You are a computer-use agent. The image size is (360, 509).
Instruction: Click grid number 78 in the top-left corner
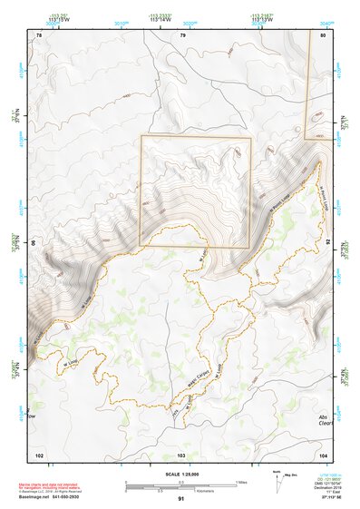pyautogui.click(x=39, y=35)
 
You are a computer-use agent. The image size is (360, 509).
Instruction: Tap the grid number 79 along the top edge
pyautogui.click(x=182, y=35)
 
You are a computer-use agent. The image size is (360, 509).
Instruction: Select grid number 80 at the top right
pyautogui.click(x=324, y=35)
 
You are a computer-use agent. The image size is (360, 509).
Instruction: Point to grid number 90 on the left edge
pyautogui.click(x=34, y=243)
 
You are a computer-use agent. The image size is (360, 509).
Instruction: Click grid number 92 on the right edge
pyautogui.click(x=328, y=243)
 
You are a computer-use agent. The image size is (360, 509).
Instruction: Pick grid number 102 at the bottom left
pyautogui.click(x=39, y=454)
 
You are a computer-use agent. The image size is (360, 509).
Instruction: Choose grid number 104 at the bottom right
pyautogui.click(x=324, y=454)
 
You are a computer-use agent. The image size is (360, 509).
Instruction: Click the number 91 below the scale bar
pyautogui.click(x=181, y=499)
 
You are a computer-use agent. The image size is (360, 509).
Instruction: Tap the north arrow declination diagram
pyautogui.click(x=276, y=482)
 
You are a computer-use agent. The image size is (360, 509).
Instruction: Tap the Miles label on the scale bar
pyautogui.click(x=242, y=481)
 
